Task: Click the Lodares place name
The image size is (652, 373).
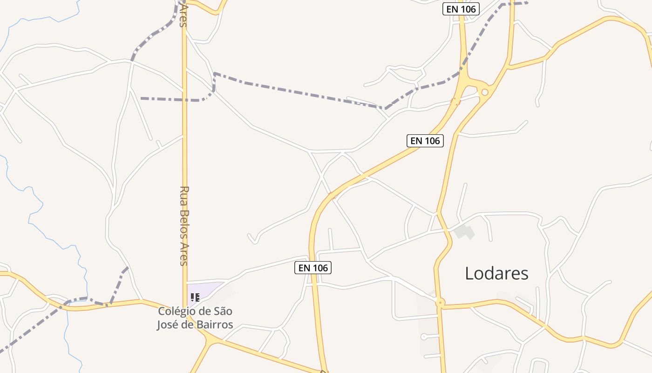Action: [496, 273]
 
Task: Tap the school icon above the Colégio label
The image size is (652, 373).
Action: [195, 297]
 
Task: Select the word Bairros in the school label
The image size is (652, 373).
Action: [214, 325]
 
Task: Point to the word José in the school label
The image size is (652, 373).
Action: [168, 325]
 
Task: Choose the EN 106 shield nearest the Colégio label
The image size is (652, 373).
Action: [313, 268]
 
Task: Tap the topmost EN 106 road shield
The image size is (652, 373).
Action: [461, 9]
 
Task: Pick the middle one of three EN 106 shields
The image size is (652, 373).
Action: [425, 140]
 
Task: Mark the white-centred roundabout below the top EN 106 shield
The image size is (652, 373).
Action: [485, 92]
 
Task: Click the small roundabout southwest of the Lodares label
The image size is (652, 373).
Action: [440, 303]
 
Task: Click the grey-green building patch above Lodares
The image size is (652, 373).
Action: [464, 232]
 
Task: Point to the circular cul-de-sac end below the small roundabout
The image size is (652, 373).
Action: [423, 337]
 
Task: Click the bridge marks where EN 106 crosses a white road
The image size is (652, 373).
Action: [332, 195]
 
